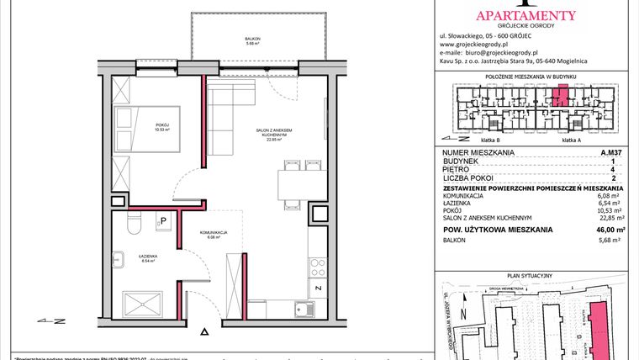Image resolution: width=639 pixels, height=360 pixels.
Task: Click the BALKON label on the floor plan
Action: [x=252, y=39]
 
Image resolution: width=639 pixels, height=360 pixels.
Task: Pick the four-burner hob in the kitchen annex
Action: [x=318, y=267]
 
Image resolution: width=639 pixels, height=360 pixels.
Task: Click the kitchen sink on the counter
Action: [x=299, y=310]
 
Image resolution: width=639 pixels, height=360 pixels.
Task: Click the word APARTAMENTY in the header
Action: [x=526, y=14]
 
